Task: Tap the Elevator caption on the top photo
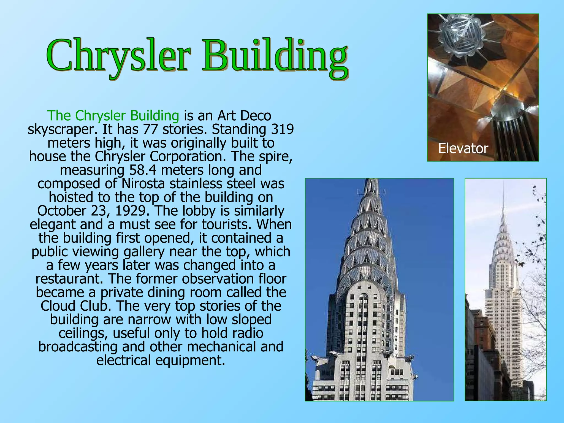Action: click(x=463, y=149)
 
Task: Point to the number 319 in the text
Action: click(x=283, y=129)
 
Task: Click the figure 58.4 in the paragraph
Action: click(x=143, y=170)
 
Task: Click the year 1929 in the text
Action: click(x=130, y=211)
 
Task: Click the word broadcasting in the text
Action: click(x=78, y=347)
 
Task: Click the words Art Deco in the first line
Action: click(x=244, y=116)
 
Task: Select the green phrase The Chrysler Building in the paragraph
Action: click(x=113, y=116)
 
